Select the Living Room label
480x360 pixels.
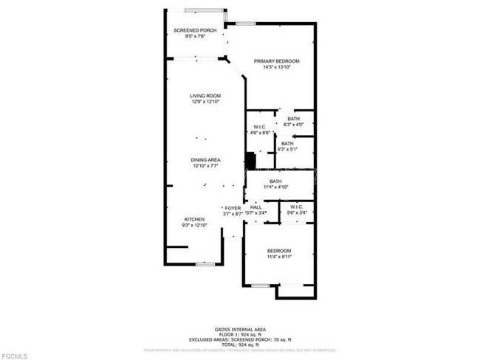(206, 96)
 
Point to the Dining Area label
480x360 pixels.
(206, 160)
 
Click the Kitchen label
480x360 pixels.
(193, 219)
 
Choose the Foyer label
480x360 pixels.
(233, 208)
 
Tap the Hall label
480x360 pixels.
(256, 208)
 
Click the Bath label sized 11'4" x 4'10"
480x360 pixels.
(275, 181)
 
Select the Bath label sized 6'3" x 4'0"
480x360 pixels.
(294, 119)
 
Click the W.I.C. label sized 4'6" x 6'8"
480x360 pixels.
(259, 128)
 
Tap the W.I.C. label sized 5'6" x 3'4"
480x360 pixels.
(297, 207)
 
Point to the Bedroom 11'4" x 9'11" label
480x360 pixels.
(279, 251)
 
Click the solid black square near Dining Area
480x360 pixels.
(250, 160)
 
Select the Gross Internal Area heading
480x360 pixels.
(240, 329)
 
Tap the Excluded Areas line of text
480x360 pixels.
(240, 339)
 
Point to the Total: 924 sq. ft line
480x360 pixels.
(240, 345)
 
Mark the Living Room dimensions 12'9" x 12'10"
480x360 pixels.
(206, 102)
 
